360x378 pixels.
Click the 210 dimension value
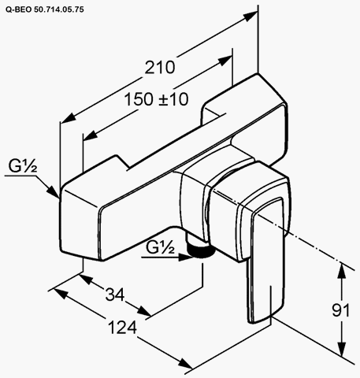coord(160,68)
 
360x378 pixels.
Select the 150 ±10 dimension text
coord(156,99)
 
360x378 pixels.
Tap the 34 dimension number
coord(115,295)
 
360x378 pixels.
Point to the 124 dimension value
coord(122,328)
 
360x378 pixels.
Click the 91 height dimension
coord(340,310)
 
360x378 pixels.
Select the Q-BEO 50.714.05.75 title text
coord(45,9)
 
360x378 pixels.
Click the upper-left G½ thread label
coord(23,165)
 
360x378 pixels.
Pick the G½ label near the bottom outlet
coord(160,247)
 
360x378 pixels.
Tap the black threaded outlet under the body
coord(201,250)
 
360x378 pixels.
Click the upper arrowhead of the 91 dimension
coord(341,271)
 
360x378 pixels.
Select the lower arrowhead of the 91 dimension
coord(341,349)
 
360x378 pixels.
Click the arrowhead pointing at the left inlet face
coord(53,191)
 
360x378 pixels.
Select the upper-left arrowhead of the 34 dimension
coord(87,279)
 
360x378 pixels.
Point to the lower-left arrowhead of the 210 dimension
coord(68,118)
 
